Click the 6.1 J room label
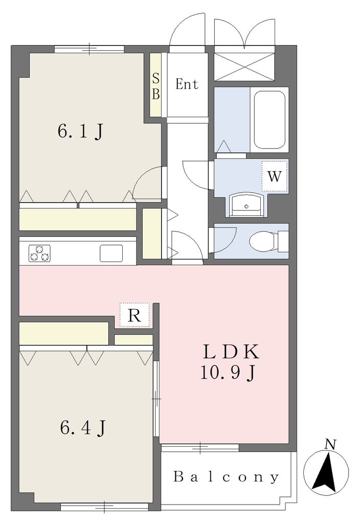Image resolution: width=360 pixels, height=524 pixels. [80, 132]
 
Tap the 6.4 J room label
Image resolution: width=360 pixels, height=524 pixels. [83, 427]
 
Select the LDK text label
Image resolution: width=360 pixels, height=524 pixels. [231, 352]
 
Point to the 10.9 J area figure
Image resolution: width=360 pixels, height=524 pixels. [228, 373]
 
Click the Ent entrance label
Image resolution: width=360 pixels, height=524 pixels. [187, 84]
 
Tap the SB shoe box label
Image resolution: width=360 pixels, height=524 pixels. [155, 86]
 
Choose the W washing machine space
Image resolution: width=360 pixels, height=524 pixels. [275, 177]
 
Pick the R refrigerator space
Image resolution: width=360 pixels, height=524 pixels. [134, 315]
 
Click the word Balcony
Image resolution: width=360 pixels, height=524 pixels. [226, 477]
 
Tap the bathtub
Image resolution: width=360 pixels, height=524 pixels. [269, 119]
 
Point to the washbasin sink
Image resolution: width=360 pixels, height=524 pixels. [246, 204]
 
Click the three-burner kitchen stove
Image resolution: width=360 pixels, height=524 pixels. [39, 253]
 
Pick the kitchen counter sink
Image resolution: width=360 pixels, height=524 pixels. [111, 253]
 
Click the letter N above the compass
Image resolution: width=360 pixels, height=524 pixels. [330, 445]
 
